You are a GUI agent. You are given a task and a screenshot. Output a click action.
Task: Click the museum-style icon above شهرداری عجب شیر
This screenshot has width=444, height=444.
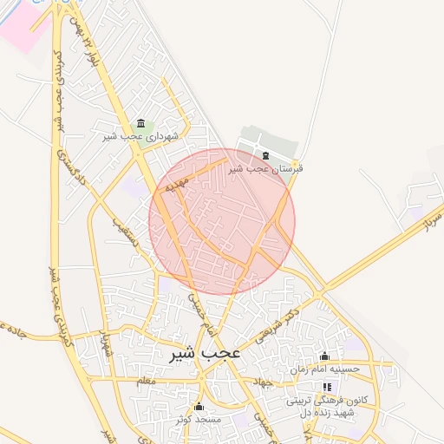tap(141, 123)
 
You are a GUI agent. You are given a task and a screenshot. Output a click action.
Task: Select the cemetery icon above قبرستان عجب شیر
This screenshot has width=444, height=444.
tap(264, 156)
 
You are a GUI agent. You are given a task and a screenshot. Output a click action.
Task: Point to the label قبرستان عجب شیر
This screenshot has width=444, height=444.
tap(266, 169)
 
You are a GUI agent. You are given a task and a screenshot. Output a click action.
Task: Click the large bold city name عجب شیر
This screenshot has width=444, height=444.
tap(205, 354)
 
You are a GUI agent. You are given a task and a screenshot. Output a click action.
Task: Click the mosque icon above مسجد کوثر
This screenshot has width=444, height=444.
tap(199, 406)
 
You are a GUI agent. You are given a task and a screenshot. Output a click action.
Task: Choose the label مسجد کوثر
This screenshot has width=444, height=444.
tap(199, 419)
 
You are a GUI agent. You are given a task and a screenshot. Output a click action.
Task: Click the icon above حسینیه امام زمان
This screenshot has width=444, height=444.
tap(325, 356)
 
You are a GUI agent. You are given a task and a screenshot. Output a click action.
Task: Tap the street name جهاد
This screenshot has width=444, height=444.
tap(260, 382)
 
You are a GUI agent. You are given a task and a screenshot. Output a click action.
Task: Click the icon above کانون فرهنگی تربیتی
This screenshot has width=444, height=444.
tap(327, 387)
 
